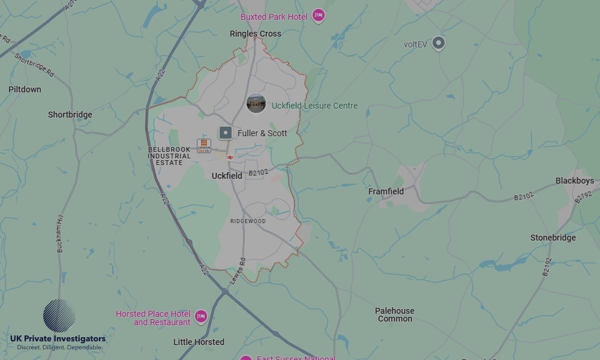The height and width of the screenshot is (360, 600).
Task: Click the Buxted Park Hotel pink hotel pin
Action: [x=319, y=16]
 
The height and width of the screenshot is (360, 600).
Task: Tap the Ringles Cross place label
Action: [x=255, y=34]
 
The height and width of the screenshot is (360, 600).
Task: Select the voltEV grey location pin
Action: [x=439, y=43]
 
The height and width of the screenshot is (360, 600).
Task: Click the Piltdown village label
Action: [x=25, y=89]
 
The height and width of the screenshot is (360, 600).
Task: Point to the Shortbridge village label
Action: [x=70, y=115]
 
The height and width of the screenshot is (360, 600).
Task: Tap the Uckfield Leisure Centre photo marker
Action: [x=256, y=103]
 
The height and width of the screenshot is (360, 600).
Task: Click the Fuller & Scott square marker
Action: [x=226, y=133]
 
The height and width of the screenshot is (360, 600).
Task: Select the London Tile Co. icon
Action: [x=204, y=146]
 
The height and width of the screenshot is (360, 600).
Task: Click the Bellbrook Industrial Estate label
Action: [x=169, y=156]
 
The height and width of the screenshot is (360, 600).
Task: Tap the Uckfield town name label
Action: [x=227, y=176]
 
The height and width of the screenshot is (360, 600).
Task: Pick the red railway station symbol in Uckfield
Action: [x=230, y=157]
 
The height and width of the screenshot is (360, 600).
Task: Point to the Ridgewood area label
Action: [x=248, y=221]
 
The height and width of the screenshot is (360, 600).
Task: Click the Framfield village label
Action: [x=386, y=191]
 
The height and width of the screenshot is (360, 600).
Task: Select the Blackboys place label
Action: [x=574, y=181]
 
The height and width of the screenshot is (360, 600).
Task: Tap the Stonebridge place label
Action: [x=553, y=238]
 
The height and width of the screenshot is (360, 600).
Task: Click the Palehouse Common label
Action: [x=395, y=314]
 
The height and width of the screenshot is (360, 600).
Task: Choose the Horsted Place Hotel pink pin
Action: [x=201, y=316]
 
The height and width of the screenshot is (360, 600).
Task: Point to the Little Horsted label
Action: [x=199, y=342]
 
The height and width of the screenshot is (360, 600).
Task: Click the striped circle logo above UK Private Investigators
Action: [x=59, y=316]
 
